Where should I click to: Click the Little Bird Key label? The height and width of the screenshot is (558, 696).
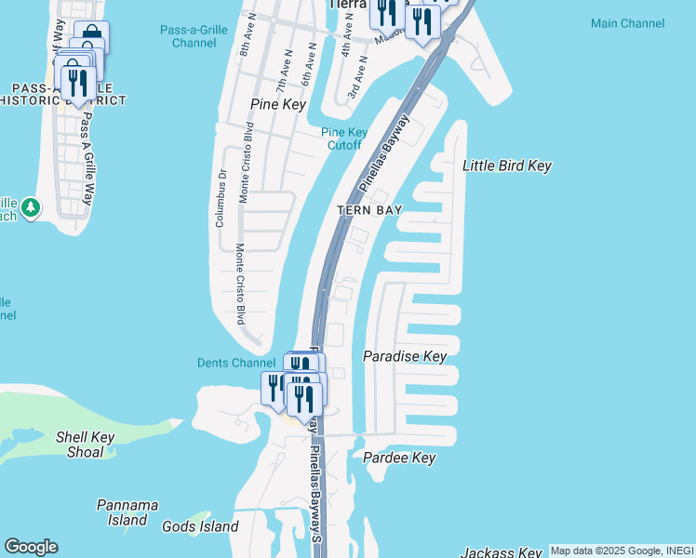point(507,166)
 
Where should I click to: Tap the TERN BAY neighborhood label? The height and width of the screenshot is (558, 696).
point(369,210)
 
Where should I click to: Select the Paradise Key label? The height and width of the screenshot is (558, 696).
point(405,356)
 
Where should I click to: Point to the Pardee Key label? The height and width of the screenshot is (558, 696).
point(399,458)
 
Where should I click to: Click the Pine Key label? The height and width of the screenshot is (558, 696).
point(278,105)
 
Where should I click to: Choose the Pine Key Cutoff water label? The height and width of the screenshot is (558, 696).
point(343,138)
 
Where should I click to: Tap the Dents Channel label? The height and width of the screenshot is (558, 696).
point(236,363)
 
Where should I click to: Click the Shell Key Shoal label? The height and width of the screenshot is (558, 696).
point(85,445)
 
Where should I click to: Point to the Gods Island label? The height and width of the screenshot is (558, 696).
point(200,526)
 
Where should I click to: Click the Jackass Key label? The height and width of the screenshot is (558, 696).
point(501,552)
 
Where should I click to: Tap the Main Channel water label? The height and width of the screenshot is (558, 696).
point(627,23)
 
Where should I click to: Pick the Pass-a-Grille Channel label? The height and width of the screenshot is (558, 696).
point(194,35)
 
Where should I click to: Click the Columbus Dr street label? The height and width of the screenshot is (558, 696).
point(221,197)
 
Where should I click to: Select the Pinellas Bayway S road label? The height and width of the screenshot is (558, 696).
point(316,493)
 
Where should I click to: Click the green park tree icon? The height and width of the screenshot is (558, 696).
point(31,206)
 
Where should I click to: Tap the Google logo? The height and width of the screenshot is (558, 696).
point(31,546)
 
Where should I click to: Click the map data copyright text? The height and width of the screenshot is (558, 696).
point(621,551)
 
